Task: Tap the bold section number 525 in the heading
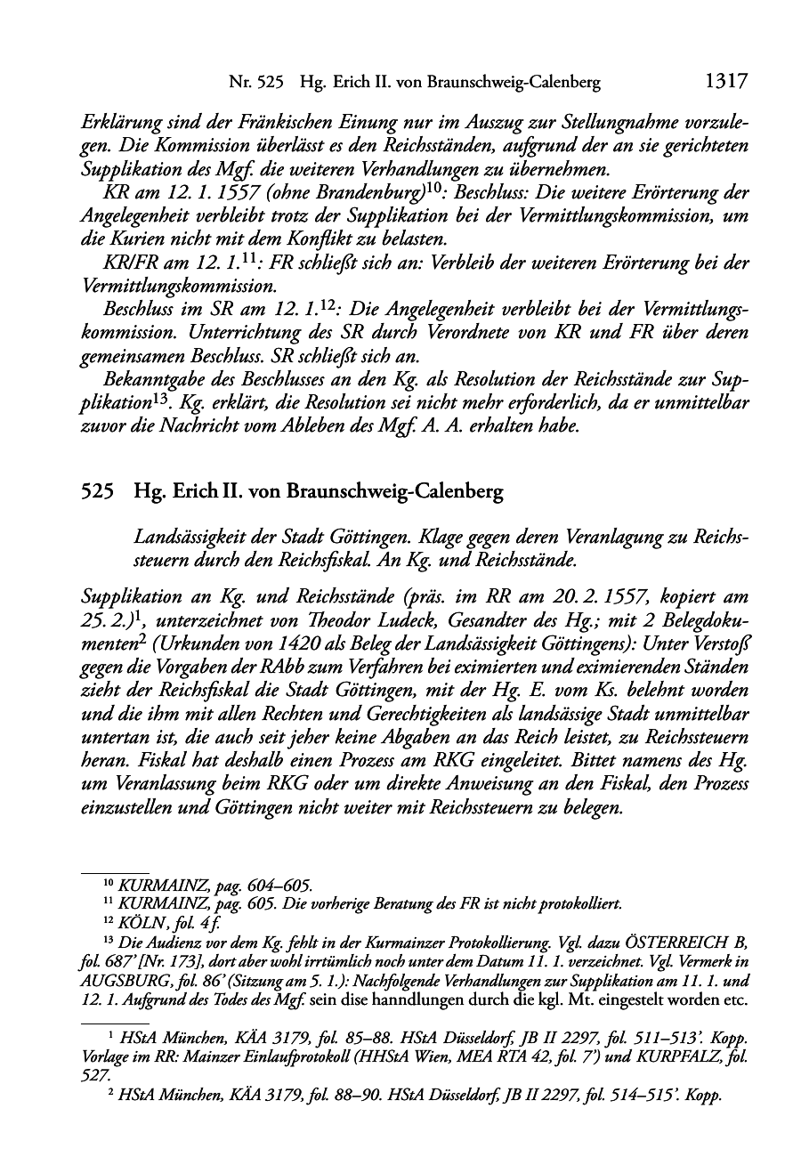[x=97, y=492]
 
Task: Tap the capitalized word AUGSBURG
[x=130, y=981]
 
